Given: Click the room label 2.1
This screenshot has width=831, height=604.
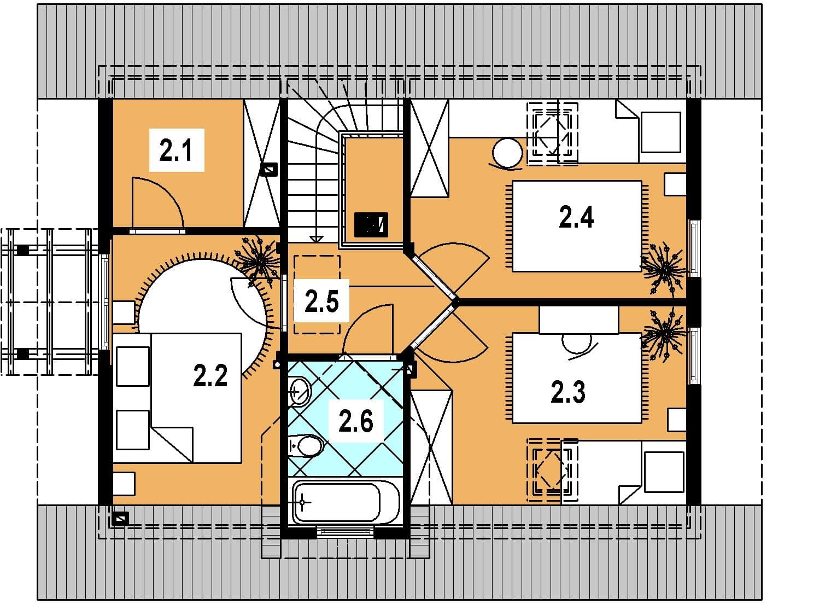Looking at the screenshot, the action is [175, 150].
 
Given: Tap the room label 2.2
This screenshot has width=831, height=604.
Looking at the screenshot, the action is [210, 375].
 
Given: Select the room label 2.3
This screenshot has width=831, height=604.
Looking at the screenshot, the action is [568, 392].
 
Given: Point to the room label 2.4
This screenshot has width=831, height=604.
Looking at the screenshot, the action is [576, 217].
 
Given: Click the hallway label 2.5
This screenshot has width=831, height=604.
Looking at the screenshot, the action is [321, 301].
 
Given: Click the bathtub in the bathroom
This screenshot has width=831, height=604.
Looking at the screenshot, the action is [346, 503].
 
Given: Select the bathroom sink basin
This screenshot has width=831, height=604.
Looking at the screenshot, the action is [299, 392].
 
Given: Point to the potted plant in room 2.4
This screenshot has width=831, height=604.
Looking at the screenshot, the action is [665, 268].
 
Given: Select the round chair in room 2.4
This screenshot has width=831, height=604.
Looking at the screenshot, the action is [507, 153].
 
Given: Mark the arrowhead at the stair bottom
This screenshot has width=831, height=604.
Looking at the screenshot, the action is [315, 239].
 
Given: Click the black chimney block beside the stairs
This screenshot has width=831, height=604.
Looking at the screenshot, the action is [371, 225].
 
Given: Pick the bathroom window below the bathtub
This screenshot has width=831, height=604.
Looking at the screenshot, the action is [346, 532].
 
